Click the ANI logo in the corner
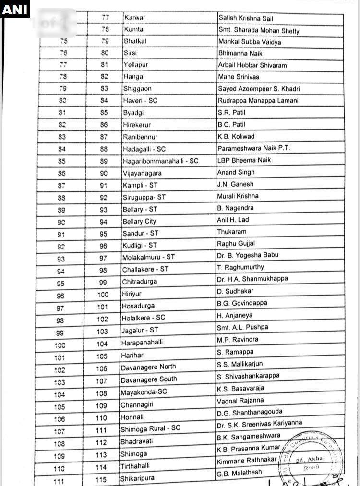15,9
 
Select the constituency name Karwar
134,18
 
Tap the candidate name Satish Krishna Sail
252,18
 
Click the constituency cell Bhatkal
135,41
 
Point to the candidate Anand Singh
236,172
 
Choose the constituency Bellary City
139,221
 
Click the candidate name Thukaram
231,232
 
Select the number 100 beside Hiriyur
102,294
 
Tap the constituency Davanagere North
148,367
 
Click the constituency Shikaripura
137,478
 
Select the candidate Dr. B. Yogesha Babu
247,255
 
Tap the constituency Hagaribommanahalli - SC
160,161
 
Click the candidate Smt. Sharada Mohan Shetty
258,31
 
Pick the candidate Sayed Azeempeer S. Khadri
259,89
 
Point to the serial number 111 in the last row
59,480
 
